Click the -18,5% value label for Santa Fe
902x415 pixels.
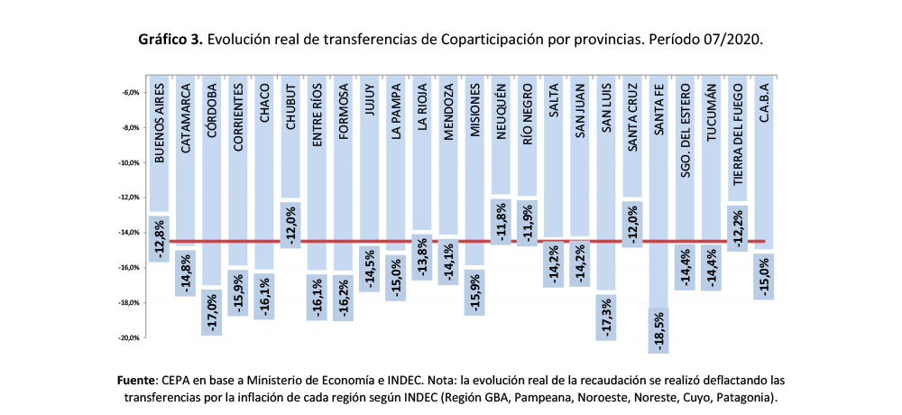[660, 330]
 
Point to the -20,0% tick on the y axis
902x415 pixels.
[125, 338]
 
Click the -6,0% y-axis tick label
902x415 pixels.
[127, 93]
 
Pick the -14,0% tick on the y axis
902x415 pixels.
[125, 233]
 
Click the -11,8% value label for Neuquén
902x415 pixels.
[502, 221]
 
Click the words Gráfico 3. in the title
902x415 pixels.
[170, 40]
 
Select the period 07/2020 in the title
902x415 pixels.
[733, 40]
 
